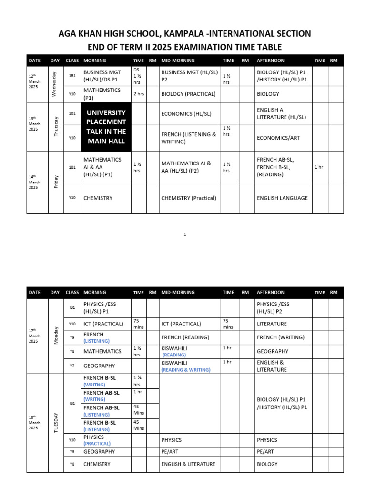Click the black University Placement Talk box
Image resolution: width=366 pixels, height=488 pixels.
(x=106, y=127)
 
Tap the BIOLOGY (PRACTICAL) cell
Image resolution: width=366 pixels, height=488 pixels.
(x=188, y=94)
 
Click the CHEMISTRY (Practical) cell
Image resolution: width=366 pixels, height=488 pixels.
(x=189, y=198)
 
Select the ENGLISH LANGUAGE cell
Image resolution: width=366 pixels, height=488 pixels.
(x=282, y=198)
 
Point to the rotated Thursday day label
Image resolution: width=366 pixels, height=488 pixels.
(x=55, y=127)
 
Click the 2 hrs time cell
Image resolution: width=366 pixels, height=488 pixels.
(x=139, y=94)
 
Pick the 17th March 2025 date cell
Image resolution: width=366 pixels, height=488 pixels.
(x=34, y=335)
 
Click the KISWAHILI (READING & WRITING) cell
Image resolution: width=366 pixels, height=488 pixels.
(x=186, y=366)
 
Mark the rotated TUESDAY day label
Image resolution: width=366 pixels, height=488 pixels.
(x=56, y=422)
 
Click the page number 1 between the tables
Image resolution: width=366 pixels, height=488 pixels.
(x=185, y=234)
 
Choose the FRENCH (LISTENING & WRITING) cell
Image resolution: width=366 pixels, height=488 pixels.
(x=189, y=138)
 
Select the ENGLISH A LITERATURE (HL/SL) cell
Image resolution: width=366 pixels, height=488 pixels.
(x=281, y=113)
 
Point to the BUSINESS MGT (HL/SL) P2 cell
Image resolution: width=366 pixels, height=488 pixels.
(x=189, y=76)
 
